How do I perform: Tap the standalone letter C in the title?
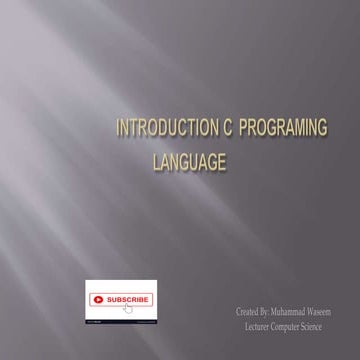click(205, 128)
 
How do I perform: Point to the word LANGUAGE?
click(188, 160)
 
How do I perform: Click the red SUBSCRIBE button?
click(120, 299)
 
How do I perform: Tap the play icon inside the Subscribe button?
click(98, 299)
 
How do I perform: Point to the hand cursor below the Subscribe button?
click(129, 308)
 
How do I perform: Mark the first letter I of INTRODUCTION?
click(118, 128)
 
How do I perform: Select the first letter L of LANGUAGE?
click(155, 160)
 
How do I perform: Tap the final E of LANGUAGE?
click(222, 160)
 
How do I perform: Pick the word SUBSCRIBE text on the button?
click(128, 299)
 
